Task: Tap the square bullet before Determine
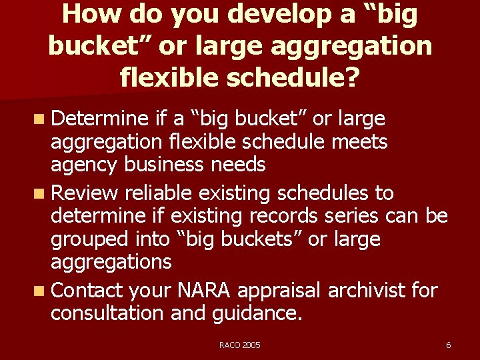click(x=41, y=119)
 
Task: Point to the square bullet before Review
click(x=41, y=193)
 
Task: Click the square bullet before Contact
click(x=41, y=291)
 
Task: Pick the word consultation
click(x=108, y=313)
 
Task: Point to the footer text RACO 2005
click(x=240, y=345)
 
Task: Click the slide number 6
click(x=448, y=345)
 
